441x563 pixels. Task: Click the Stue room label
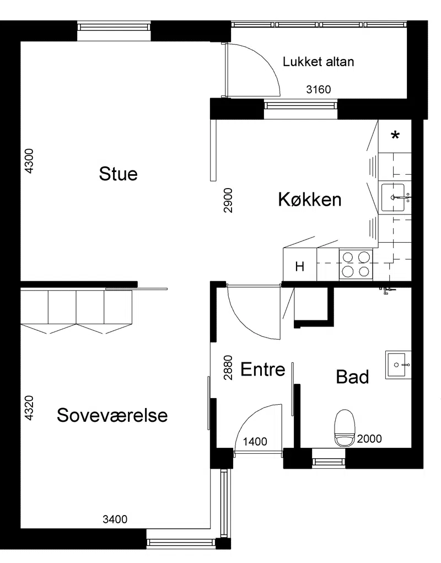click(x=118, y=174)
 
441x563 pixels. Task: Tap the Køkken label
click(x=310, y=199)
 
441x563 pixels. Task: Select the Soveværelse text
click(x=112, y=415)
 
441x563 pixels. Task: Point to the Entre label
click(x=263, y=369)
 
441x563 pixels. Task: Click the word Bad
click(x=352, y=377)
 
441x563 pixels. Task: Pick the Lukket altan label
click(x=318, y=62)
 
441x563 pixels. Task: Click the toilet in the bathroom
click(x=345, y=428)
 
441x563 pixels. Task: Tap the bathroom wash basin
click(x=399, y=365)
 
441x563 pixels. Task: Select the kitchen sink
click(x=393, y=197)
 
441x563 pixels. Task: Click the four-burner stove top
click(x=356, y=265)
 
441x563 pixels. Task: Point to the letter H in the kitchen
click(x=300, y=266)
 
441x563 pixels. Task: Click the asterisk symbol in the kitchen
click(x=395, y=135)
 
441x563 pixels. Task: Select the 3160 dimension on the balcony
click(x=318, y=89)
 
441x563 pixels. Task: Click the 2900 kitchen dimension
click(x=228, y=200)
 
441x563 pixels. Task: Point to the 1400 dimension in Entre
click(x=255, y=441)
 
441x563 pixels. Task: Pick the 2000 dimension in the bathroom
click(x=369, y=438)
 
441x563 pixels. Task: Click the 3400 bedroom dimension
click(x=115, y=519)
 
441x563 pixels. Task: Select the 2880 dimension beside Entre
click(x=228, y=368)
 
